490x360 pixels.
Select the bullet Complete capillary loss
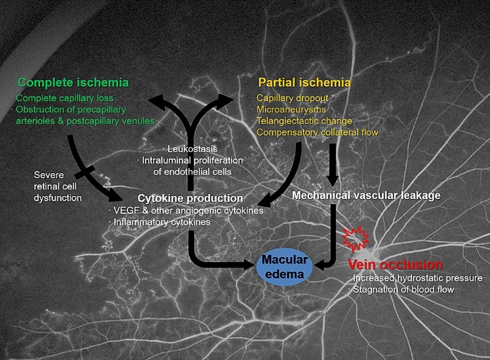tap(71, 98)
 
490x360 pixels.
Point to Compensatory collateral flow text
tap(317, 132)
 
